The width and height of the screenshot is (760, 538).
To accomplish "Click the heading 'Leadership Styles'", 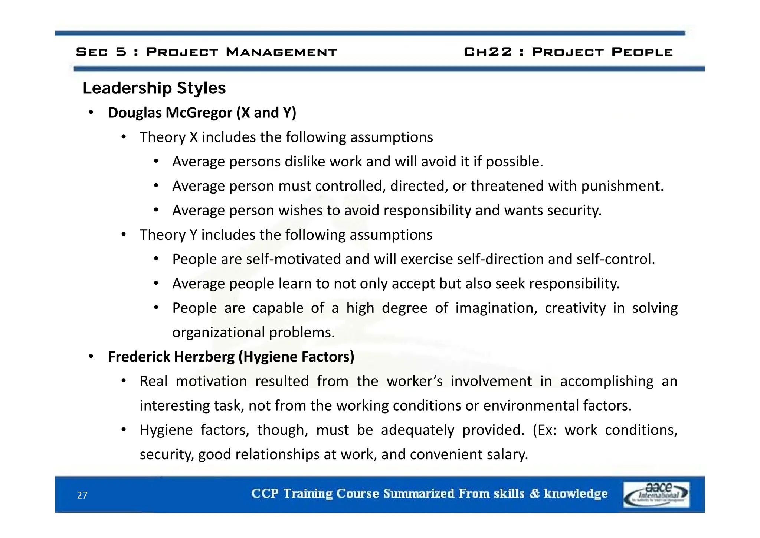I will [x=154, y=88].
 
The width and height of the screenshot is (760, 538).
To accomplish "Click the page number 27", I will [x=82, y=495].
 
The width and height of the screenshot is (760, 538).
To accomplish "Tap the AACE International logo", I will [x=656, y=494].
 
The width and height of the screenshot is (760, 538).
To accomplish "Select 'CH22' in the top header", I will [x=488, y=52].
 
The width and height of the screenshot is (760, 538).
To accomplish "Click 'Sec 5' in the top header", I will [x=101, y=52].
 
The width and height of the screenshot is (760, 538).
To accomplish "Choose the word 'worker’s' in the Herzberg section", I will [x=415, y=381].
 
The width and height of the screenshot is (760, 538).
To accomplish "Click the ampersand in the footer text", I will [x=534, y=493].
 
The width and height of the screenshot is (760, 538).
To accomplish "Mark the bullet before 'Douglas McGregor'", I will [x=91, y=113].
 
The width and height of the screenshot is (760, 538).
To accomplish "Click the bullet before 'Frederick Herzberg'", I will [x=91, y=357].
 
